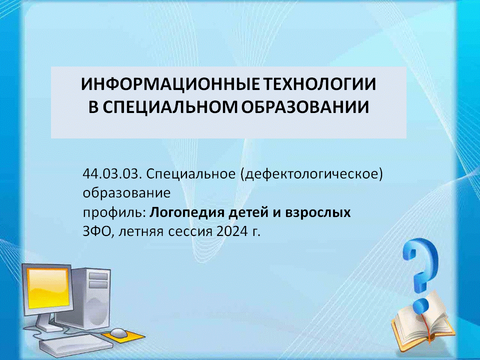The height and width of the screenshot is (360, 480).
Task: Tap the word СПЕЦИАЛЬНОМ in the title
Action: click(x=169, y=107)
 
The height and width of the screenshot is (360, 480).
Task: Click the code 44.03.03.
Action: click(x=112, y=174)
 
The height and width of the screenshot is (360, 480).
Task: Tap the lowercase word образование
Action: click(x=126, y=193)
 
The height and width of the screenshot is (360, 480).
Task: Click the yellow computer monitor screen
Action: click(x=47, y=288)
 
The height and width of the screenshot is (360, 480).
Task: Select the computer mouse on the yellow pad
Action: click(x=119, y=333)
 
